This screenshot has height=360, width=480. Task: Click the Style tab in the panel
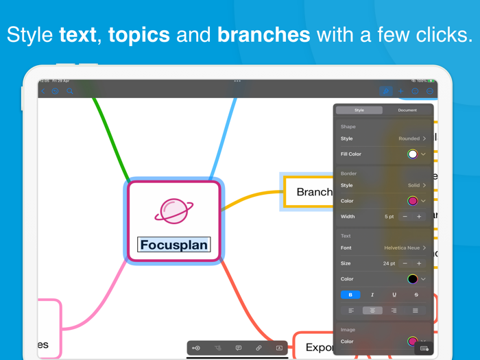(359, 110)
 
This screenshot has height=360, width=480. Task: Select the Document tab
(407, 110)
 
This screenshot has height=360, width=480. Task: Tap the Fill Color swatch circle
(412, 154)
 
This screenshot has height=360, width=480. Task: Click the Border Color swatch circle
(412, 201)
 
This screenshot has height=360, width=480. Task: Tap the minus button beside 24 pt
(405, 263)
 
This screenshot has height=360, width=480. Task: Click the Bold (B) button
(350, 295)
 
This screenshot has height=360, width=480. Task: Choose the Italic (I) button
(372, 295)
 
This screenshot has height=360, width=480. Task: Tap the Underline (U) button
(394, 295)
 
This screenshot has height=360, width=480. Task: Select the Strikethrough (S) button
(416, 295)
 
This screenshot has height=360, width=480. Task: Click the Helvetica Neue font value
(402, 248)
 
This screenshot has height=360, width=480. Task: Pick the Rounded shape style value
(409, 139)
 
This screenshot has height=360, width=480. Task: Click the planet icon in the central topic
(173, 211)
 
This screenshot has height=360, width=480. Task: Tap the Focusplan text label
(173, 245)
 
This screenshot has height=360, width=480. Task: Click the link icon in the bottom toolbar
(259, 348)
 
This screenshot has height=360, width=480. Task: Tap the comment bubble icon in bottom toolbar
(238, 348)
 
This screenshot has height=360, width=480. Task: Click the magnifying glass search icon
(70, 91)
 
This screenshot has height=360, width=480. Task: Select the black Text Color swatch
(412, 279)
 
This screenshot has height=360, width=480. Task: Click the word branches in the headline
(263, 35)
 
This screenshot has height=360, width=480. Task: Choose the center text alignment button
(372, 311)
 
